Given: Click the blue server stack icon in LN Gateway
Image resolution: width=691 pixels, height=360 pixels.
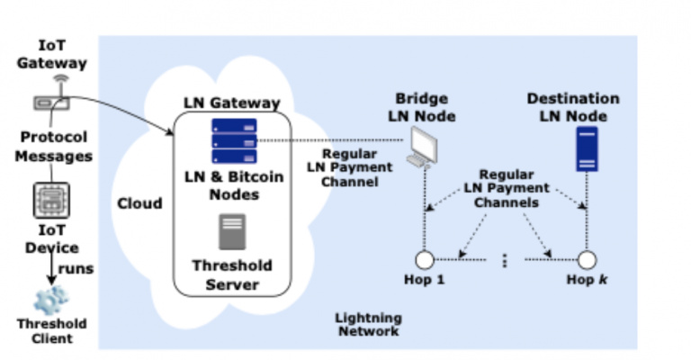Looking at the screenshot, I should tap(233, 139).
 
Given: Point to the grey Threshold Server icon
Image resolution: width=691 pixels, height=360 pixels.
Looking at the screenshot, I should tap(233, 230).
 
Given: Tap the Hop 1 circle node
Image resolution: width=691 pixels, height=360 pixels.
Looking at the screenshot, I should tap(424, 260).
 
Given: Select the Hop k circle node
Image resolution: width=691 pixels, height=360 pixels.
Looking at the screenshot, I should tap(587, 260).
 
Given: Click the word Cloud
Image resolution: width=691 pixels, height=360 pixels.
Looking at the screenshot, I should tap(140, 203).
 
